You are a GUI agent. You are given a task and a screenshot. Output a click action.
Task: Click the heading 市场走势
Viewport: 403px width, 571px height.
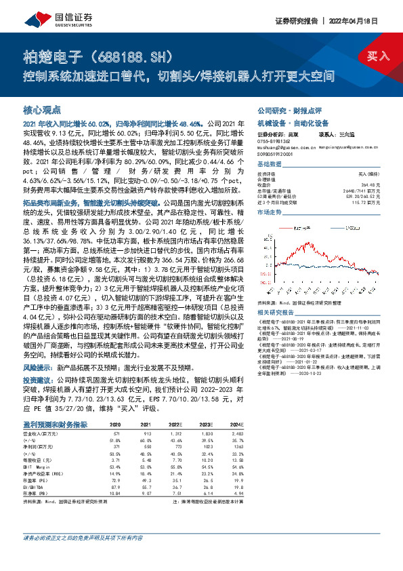click(270, 212)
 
